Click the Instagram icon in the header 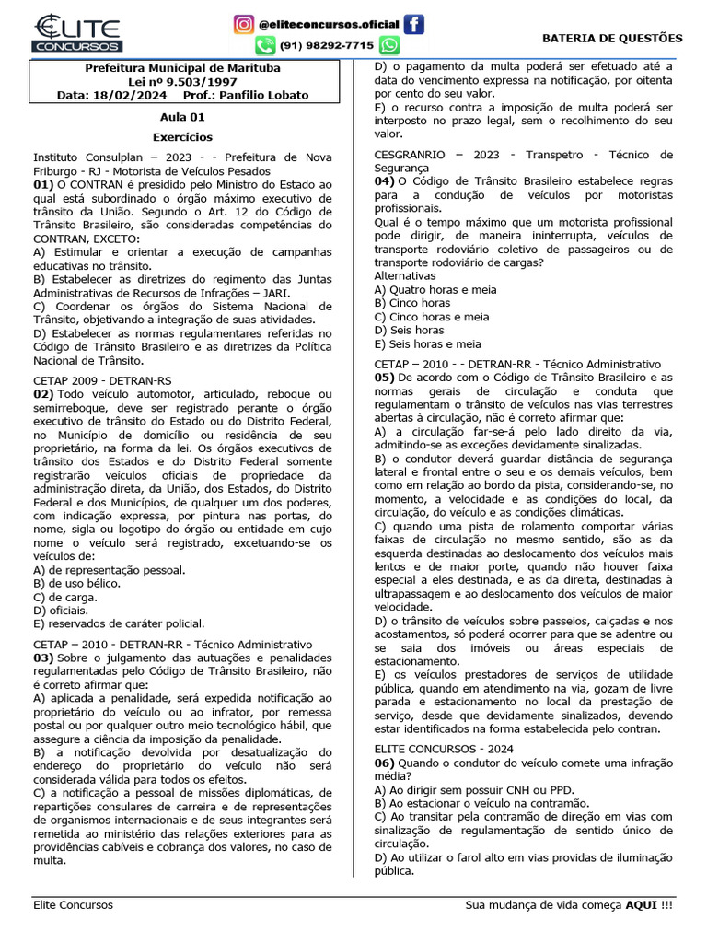(x=243, y=23)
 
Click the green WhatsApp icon (x=389, y=45)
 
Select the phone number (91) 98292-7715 (x=327, y=45)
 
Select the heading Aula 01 (x=182, y=117)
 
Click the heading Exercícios (x=182, y=135)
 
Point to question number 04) (x=386, y=181)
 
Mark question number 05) (x=386, y=378)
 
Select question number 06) (x=386, y=763)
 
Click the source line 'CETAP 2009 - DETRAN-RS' (x=102, y=380)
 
